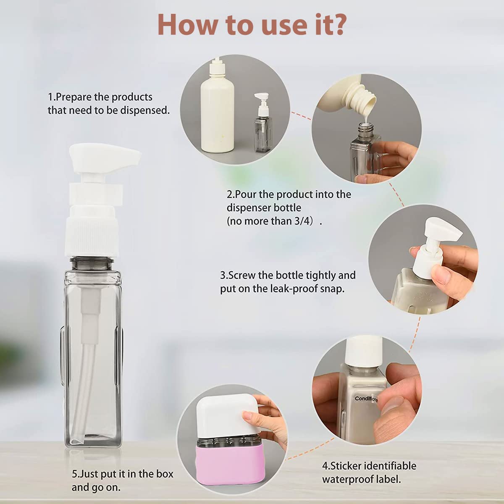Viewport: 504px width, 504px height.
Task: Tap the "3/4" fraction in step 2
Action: pos(303,221)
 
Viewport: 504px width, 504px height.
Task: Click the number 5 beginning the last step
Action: pos(75,474)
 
